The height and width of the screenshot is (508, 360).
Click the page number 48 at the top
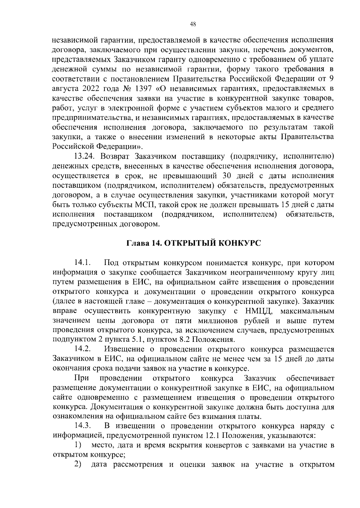pyautogui.click(x=193, y=25)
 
